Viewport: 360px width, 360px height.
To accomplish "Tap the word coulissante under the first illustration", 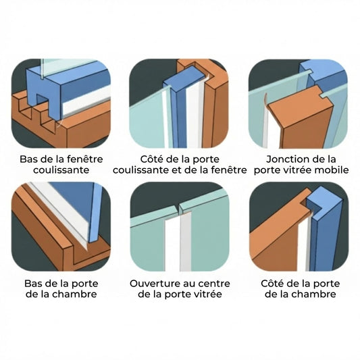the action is click(61, 170).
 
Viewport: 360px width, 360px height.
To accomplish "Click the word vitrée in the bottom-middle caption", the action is click(207, 294).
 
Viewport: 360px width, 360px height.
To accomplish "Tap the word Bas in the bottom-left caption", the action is click(32, 284).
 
